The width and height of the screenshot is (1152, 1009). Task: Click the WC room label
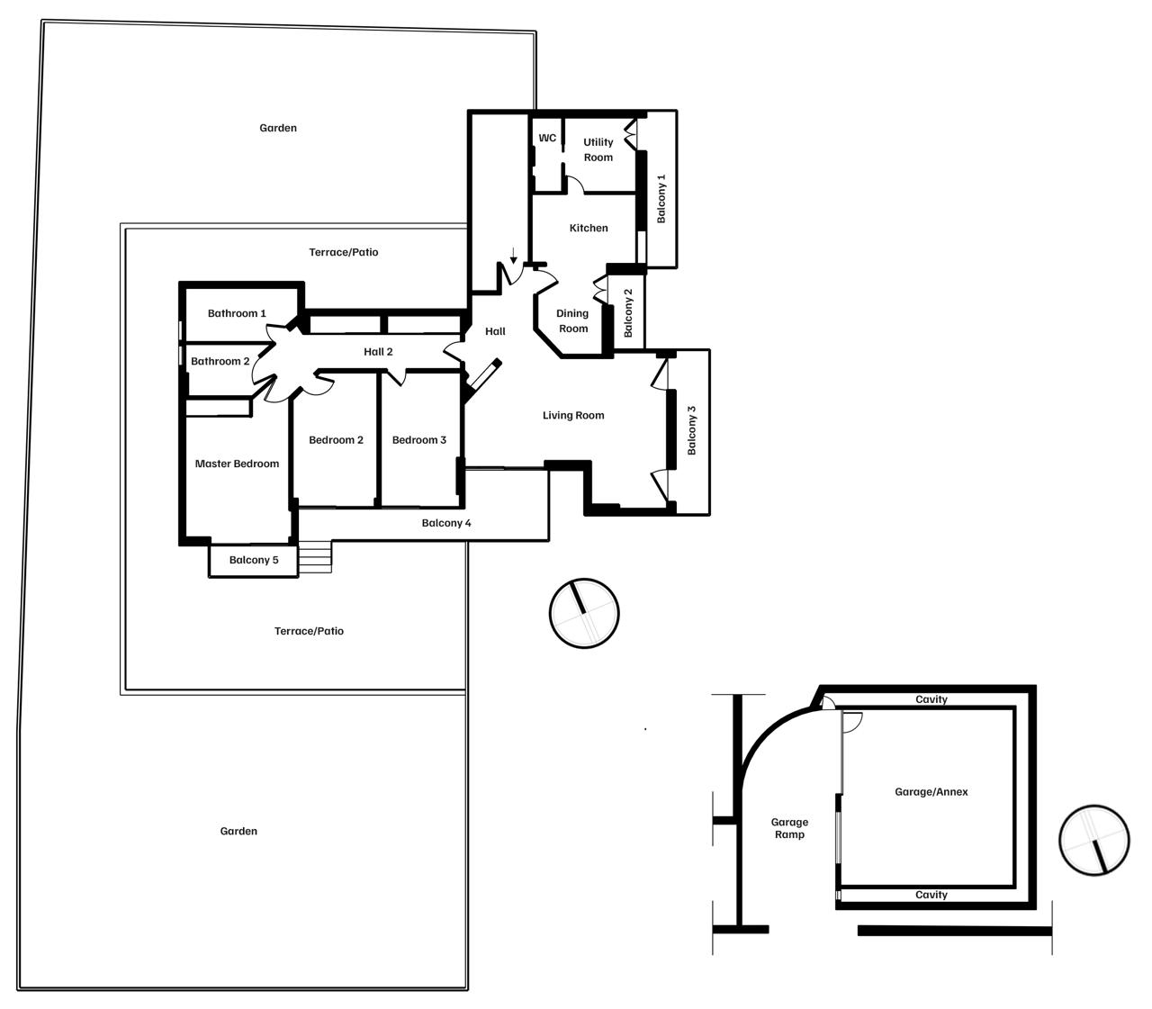547,138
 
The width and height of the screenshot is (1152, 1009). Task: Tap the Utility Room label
598,149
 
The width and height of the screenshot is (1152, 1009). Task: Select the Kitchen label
589,228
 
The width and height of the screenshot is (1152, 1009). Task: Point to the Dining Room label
572,321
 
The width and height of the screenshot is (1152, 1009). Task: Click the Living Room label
573,416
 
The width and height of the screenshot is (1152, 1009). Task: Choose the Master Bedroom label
237,464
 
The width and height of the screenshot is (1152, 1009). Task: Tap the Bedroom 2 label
336,440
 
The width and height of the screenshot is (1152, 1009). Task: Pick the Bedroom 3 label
418,440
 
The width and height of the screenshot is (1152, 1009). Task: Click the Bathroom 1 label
237,313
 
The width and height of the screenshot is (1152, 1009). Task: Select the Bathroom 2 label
220,362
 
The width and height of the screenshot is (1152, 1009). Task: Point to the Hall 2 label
378,352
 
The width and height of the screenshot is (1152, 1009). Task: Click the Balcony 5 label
254,560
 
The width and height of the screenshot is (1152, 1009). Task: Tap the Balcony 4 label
446,523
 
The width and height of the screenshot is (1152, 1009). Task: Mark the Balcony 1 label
661,199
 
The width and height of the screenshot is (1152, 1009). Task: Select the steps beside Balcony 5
315,557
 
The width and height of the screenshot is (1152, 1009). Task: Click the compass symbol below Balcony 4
584,613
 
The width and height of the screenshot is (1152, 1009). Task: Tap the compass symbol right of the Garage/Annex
1094,841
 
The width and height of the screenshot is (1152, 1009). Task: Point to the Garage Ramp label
789,828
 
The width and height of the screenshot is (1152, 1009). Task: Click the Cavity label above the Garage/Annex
931,699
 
